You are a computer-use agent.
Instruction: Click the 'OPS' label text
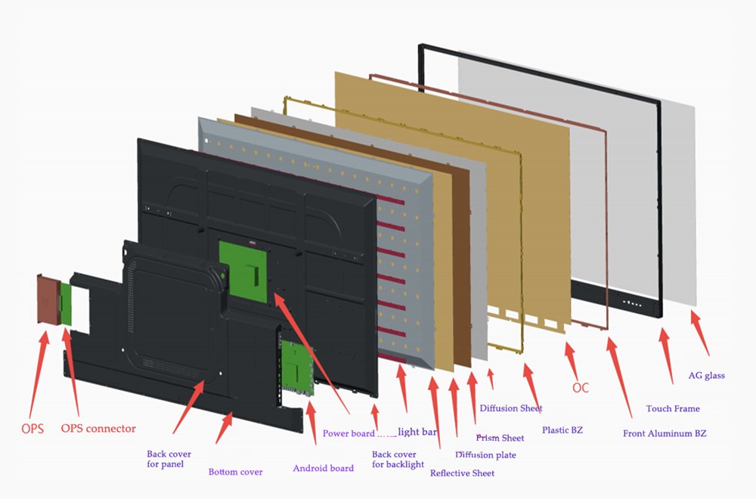[32, 429]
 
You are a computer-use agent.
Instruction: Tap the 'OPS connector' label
[98, 429]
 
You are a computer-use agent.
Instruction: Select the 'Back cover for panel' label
[169, 459]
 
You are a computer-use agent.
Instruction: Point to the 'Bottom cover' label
[235, 472]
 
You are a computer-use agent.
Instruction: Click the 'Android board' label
[323, 468]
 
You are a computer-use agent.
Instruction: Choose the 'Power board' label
[349, 433]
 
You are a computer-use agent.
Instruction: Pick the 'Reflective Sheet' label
[462, 473]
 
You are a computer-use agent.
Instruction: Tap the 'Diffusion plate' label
[485, 455]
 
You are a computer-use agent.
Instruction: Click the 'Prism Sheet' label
[500, 438]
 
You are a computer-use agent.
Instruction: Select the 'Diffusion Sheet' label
[510, 408]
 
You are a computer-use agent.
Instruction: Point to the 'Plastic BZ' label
[562, 430]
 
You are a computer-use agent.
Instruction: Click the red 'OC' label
[580, 388]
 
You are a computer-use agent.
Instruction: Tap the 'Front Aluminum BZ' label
[665, 433]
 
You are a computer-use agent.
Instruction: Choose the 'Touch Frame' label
[672, 408]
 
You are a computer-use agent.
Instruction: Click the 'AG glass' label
[706, 375]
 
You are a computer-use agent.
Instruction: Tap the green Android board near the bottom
[297, 368]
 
